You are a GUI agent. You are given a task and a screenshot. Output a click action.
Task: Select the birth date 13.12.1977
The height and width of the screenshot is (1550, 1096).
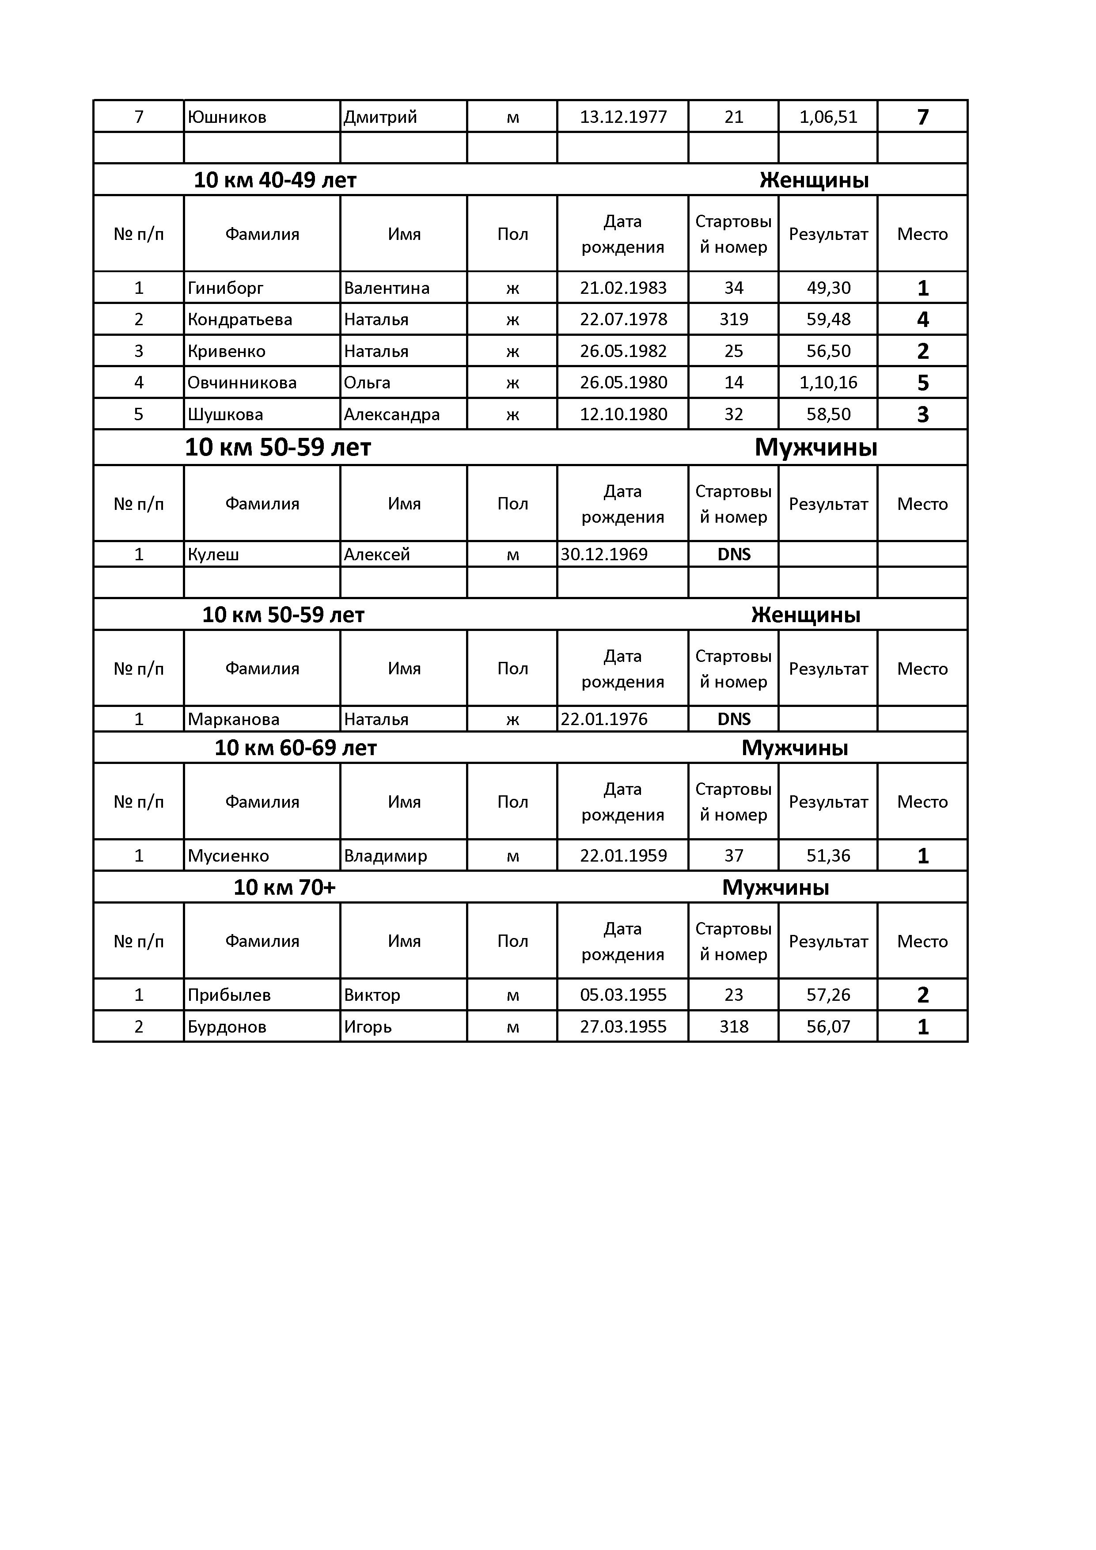tap(623, 117)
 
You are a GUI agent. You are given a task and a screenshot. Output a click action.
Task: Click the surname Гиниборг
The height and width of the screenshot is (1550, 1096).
tap(225, 288)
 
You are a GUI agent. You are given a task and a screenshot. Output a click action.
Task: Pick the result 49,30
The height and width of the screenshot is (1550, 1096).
tap(828, 288)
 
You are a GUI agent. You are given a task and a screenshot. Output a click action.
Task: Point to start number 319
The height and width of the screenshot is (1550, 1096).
tap(734, 319)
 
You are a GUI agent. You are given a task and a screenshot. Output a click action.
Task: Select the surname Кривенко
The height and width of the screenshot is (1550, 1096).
tap(227, 351)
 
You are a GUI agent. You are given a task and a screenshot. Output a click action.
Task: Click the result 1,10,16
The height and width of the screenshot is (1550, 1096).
tap(828, 383)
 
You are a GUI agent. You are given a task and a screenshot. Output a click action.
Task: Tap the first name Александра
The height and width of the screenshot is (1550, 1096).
tap(391, 414)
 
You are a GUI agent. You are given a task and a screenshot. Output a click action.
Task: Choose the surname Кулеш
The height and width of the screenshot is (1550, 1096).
tap(213, 554)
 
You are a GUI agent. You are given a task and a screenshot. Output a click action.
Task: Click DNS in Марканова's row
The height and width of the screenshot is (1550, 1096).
tap(734, 719)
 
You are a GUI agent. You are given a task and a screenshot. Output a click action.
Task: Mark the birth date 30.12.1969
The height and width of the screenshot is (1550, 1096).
tap(604, 554)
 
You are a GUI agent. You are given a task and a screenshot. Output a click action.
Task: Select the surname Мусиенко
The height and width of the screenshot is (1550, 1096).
tap(228, 856)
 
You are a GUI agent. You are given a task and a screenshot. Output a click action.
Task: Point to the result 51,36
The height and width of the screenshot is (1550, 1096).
tap(828, 856)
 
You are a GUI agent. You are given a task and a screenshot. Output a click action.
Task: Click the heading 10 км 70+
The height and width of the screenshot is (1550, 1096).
tap(284, 887)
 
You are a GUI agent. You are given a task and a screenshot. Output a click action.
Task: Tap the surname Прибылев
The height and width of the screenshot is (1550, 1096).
tap(229, 995)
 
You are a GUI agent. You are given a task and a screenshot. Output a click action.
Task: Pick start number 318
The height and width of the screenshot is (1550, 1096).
tap(734, 1027)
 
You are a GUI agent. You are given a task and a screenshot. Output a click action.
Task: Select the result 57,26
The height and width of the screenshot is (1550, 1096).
tap(828, 995)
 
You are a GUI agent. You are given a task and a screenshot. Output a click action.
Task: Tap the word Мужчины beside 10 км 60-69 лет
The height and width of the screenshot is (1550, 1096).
tap(794, 748)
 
